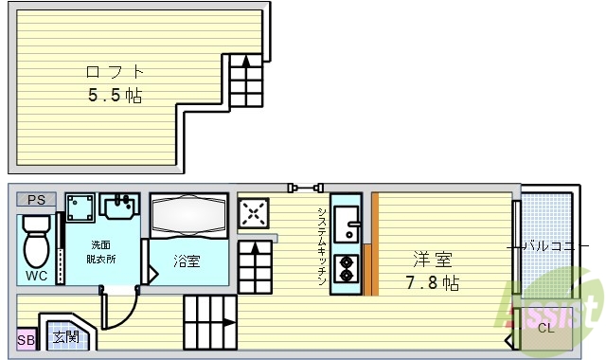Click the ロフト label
click(x=116, y=71)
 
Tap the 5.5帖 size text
click(x=116, y=95)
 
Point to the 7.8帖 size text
click(x=433, y=283)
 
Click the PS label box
click(x=36, y=200)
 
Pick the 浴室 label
click(x=187, y=261)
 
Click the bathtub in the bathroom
click(x=188, y=217)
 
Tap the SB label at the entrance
click(x=25, y=339)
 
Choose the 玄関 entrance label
click(x=65, y=337)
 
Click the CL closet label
click(x=544, y=329)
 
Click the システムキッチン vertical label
click(x=322, y=246)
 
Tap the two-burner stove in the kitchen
click(x=347, y=270)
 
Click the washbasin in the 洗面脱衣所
click(x=120, y=205)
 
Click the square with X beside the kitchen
click(x=254, y=213)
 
